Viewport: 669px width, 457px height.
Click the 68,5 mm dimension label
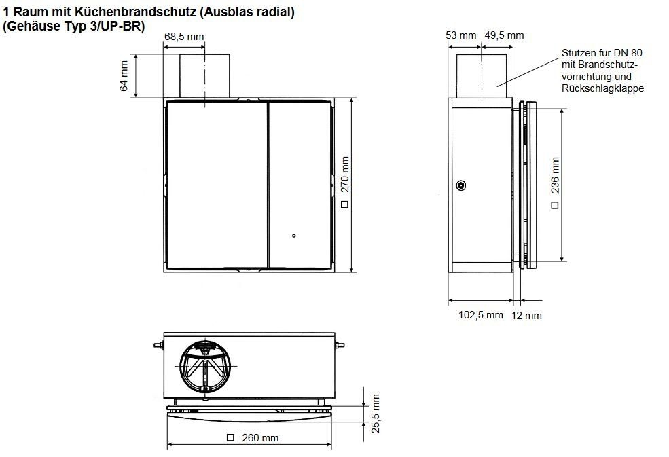click(184, 37)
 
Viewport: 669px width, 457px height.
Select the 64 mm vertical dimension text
click(124, 76)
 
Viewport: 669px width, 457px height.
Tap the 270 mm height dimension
click(345, 175)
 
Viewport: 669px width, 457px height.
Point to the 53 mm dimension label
click(460, 35)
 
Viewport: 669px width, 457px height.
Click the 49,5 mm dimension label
click(504, 35)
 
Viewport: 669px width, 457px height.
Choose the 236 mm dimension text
click(555, 175)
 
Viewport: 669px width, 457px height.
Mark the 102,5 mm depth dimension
click(480, 315)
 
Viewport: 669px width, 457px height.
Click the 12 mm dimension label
click(526, 316)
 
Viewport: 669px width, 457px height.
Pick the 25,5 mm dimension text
click(376, 414)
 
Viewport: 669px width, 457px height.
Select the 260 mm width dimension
click(260, 438)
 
